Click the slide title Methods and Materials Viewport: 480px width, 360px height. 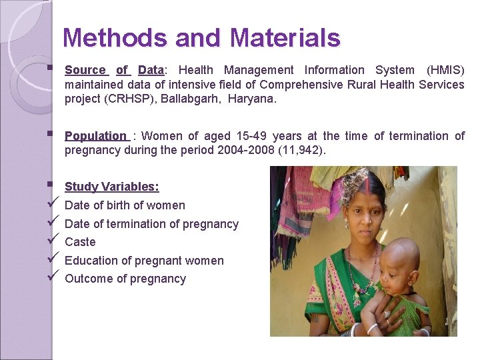click(x=201, y=38)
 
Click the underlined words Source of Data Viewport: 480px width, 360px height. click(x=114, y=70)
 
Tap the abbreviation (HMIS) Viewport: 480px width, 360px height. click(x=445, y=70)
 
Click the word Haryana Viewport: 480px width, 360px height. click(x=251, y=99)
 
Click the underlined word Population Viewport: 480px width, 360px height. click(x=95, y=136)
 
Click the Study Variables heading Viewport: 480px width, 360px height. click(x=111, y=187)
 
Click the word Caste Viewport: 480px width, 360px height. click(x=80, y=242)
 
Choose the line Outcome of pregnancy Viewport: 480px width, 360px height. click(x=125, y=279)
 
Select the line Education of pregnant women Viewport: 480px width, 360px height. click(x=144, y=261)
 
